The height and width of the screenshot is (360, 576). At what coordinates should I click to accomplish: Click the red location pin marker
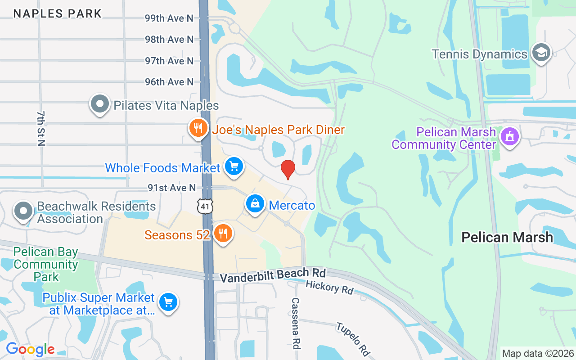[x=288, y=169]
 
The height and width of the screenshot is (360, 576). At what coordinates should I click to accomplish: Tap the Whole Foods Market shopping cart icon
[x=234, y=166]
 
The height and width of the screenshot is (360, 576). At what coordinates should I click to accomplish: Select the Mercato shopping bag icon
[x=255, y=204]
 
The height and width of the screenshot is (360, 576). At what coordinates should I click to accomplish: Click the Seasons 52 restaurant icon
[x=222, y=234]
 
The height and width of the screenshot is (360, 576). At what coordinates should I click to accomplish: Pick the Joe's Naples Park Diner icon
[x=198, y=128]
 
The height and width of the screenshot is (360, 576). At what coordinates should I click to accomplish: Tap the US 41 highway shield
[x=205, y=206]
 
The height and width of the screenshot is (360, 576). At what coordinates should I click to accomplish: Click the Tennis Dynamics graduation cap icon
[x=541, y=53]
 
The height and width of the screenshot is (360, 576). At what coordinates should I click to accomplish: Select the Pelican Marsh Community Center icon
[x=509, y=135]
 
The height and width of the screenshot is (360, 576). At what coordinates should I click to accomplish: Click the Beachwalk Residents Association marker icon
[x=23, y=210]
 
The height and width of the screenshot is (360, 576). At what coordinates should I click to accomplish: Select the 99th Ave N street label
[x=169, y=18]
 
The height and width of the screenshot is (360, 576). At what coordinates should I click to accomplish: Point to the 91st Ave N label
[x=172, y=188]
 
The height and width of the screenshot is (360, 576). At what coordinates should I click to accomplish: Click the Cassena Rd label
[x=296, y=323]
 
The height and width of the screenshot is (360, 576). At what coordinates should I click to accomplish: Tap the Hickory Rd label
[x=329, y=287]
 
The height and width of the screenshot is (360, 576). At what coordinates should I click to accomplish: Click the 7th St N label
[x=41, y=128]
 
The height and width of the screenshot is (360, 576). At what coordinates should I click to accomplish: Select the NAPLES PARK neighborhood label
[x=58, y=13]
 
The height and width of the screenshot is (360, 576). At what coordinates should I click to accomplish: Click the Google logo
[x=30, y=349]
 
